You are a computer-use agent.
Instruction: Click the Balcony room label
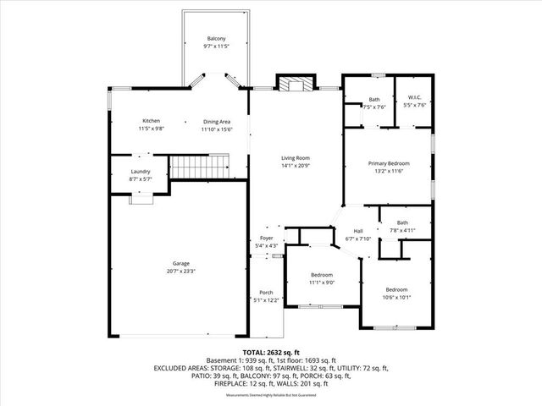point(217,39)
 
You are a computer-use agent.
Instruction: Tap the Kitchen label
point(152,121)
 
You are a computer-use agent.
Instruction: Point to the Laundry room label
point(141,172)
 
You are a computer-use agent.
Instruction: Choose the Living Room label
point(296,158)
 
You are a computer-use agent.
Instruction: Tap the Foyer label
point(267,239)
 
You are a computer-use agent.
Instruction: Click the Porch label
point(266,294)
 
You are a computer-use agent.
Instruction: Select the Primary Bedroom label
point(388,163)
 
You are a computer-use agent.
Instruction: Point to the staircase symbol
point(201,167)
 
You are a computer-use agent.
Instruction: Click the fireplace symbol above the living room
point(295,84)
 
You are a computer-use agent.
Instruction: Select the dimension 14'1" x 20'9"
point(296,165)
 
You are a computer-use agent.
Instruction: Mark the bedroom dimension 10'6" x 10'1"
point(397,297)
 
